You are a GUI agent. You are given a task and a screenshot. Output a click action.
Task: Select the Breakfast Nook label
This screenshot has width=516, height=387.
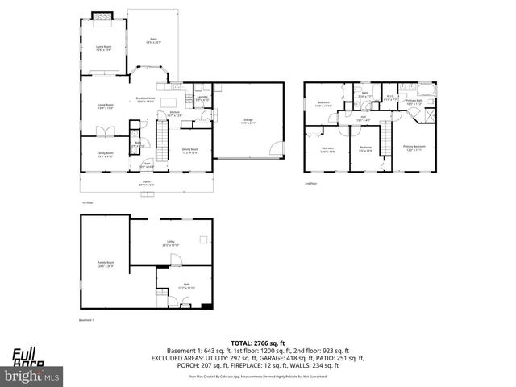pyautogui.click(x=145, y=100)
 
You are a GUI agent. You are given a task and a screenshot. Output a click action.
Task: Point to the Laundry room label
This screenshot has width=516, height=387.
pyautogui.click(x=202, y=98)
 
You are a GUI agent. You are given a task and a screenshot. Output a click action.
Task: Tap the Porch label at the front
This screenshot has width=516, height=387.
pyautogui.click(x=146, y=184)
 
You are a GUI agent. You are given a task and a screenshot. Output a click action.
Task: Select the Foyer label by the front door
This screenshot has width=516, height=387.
pyautogui.click(x=146, y=165)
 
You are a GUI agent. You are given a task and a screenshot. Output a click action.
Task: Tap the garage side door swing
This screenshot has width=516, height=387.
pyautogui.click(x=277, y=148)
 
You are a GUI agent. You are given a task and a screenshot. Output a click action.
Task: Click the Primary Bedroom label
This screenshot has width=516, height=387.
pyautogui.click(x=414, y=147)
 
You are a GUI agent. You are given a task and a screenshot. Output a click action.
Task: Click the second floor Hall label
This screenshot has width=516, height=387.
pyautogui.click(x=363, y=119)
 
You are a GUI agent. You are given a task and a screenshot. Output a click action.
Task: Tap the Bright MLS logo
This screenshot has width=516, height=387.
pyautogui.click(x=31, y=376)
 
